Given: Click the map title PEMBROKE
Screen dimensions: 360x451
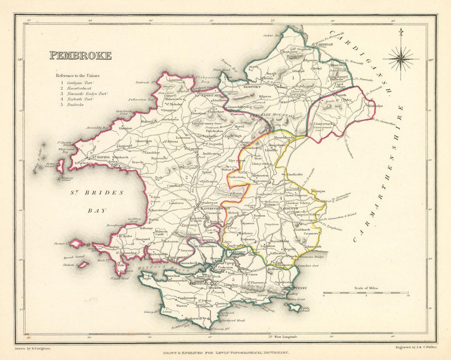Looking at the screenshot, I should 80,56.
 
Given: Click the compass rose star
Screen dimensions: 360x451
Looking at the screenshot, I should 400,59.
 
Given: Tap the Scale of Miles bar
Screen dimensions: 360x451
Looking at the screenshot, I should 366,293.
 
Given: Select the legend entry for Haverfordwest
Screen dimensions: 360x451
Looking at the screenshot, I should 79,90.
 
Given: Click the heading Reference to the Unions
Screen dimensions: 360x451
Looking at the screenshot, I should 78,76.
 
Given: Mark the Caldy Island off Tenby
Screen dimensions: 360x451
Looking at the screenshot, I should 295,308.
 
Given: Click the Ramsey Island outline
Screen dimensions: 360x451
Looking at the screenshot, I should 60,165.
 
